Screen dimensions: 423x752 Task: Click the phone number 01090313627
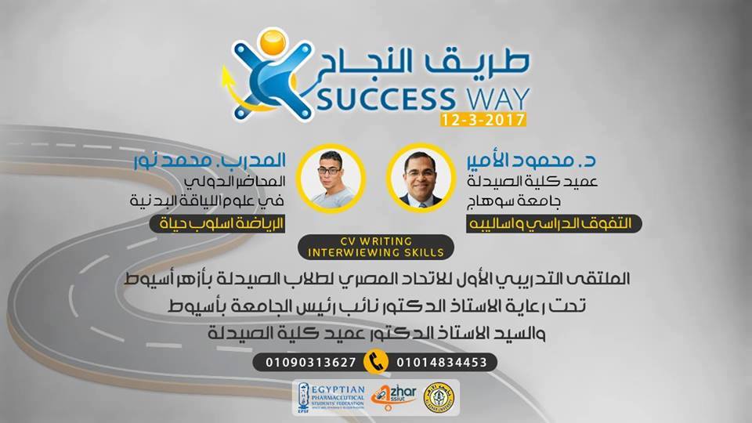click(x=306, y=362)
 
